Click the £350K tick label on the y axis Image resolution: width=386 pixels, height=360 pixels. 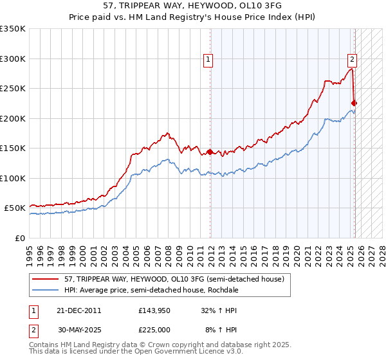pyautogui.click(x=13, y=29)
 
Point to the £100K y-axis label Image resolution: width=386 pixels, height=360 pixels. pyautogui.click(x=13, y=178)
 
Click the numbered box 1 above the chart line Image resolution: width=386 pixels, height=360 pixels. pyautogui.click(x=209, y=60)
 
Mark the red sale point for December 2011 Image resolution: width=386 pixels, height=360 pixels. pyautogui.click(x=210, y=152)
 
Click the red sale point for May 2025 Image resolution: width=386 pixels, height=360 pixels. pyautogui.click(x=354, y=103)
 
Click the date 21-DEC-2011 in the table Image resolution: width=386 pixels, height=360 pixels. pyautogui.click(x=79, y=310)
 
